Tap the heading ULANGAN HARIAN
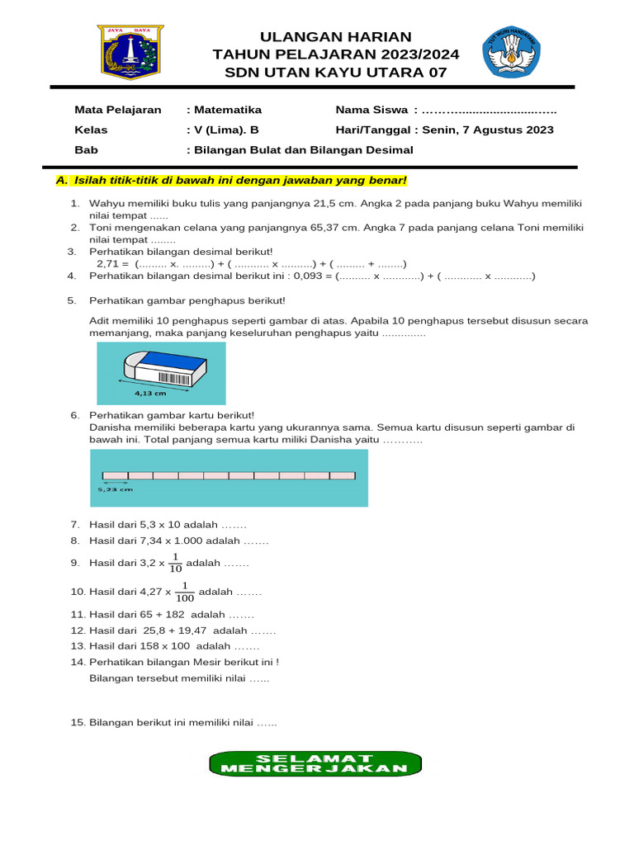tap(335, 36)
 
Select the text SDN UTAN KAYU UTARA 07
tap(335, 73)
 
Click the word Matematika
tap(227, 110)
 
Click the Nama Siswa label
tap(371, 110)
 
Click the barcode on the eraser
tap(173, 379)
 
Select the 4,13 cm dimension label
tap(150, 394)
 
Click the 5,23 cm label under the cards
tap(115, 489)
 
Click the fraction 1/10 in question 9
tap(175, 563)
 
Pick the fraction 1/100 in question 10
tap(185, 592)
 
